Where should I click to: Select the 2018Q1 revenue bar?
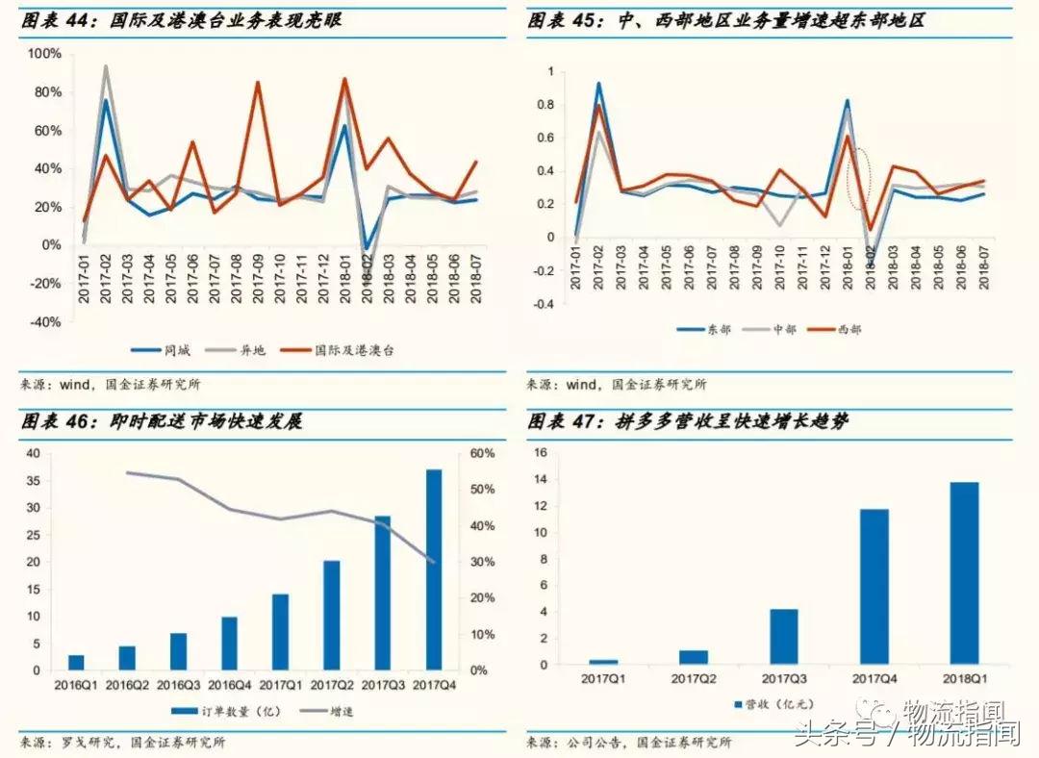(x=964, y=573)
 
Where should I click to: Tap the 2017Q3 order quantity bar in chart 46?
(x=383, y=593)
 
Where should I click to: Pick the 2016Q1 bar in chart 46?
(x=76, y=662)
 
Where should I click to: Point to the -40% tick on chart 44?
(x=42, y=322)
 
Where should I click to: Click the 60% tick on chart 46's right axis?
(x=482, y=454)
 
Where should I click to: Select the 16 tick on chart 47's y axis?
(x=539, y=453)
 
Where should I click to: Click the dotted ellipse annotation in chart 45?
(x=860, y=179)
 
